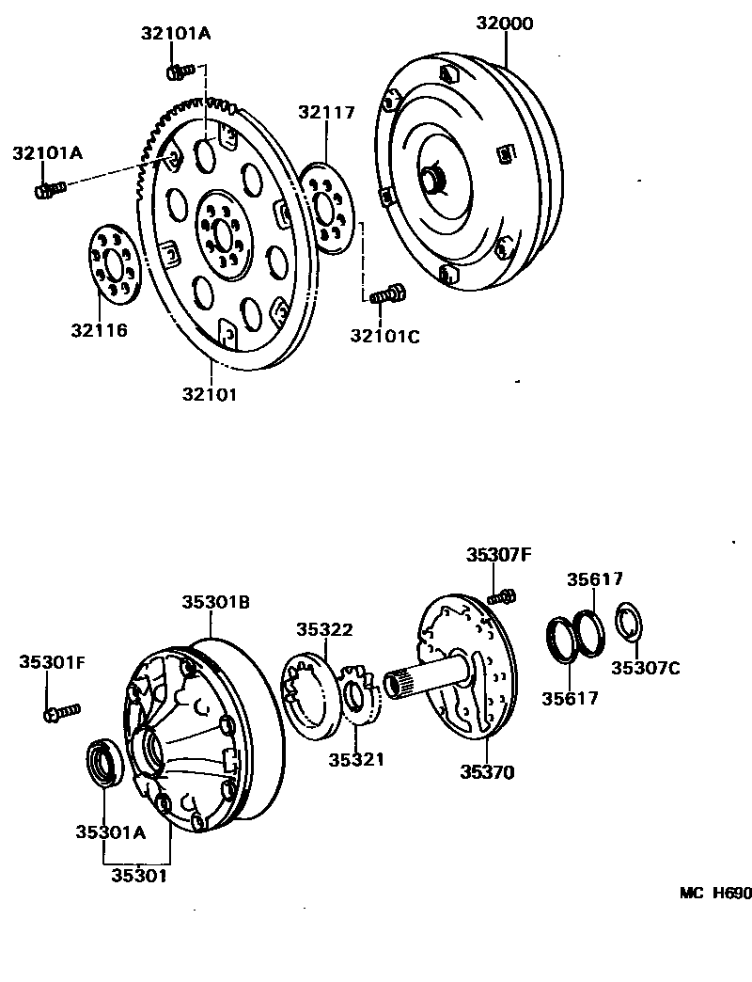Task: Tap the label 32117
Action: tap(326, 113)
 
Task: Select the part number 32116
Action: tap(98, 330)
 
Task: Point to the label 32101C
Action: tap(384, 335)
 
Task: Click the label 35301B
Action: tap(215, 603)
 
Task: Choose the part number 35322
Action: tap(324, 630)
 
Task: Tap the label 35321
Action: tap(356, 759)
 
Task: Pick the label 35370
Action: tap(487, 772)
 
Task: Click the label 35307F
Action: tap(498, 555)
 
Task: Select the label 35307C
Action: tap(645, 668)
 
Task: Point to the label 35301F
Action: tap(52, 663)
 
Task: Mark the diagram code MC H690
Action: tap(715, 895)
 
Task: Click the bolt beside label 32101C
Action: tap(386, 294)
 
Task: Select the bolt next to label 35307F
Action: tap(502, 594)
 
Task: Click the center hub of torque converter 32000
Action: tap(433, 178)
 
